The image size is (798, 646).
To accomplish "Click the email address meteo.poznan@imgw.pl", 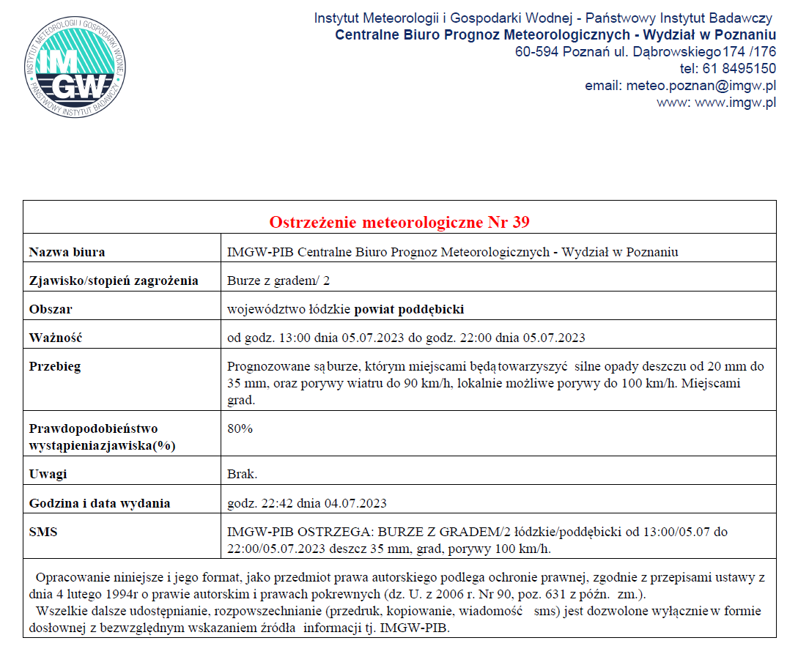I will tap(701, 86).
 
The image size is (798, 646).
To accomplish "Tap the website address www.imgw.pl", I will tap(735, 103).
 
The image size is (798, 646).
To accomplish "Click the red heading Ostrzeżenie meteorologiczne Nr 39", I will tap(399, 222).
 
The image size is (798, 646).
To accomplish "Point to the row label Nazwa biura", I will tap(67, 252).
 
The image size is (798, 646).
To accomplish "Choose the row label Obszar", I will tap(51, 309).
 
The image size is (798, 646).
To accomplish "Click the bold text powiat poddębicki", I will tap(410, 309).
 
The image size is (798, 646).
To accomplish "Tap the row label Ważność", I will tap(55, 338).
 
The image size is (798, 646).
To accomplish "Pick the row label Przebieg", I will tap(55, 366).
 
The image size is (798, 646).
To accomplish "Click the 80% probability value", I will tap(240, 428).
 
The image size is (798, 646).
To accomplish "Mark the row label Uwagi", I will tap(48, 474).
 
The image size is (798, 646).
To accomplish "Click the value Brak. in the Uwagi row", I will tap(242, 474).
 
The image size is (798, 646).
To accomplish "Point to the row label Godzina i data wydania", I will tap(100, 503).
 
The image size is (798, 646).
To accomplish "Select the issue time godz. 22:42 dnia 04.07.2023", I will tap(307, 503).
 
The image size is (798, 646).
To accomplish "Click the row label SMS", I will tap(43, 532).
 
